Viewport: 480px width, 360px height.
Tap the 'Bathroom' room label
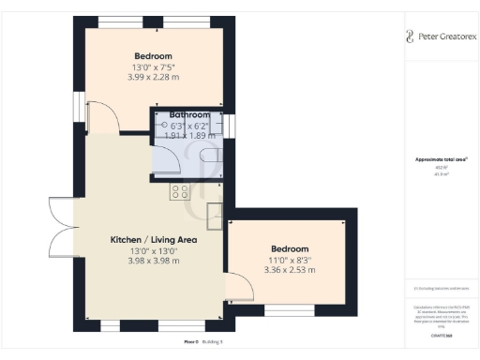188,114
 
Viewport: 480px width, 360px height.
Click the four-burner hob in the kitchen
178,191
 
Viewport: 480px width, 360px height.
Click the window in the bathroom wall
232,124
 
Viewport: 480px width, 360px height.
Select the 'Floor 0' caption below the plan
192,341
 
